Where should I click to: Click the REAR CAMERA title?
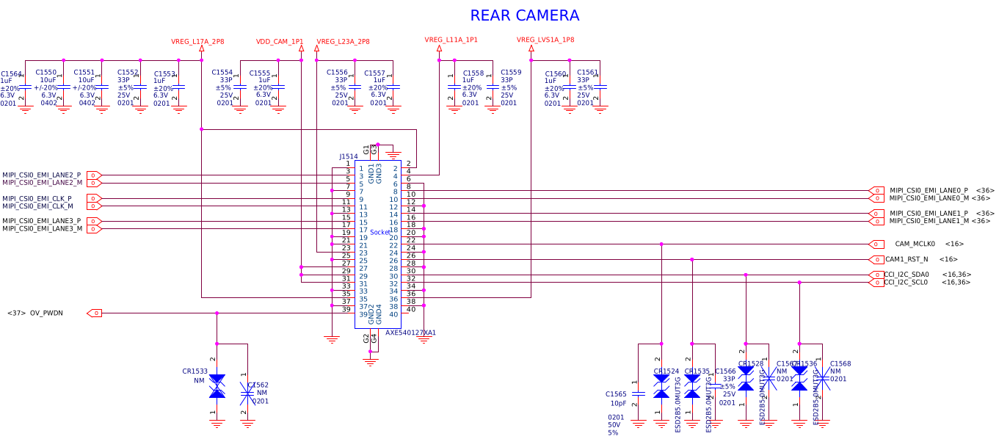point(524,15)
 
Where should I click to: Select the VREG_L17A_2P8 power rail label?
point(197,42)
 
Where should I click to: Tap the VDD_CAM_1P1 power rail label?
point(280,42)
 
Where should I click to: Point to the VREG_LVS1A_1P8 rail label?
point(545,40)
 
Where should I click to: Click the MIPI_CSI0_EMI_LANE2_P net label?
point(42,175)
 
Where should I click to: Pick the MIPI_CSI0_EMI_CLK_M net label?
point(37,206)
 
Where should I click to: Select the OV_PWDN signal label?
point(46,313)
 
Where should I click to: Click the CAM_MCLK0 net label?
point(915,244)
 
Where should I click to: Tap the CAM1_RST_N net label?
point(906,259)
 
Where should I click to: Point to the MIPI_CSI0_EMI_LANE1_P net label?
point(929,214)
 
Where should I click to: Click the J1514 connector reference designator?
point(349,156)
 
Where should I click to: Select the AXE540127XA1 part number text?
point(410,333)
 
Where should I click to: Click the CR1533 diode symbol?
point(217,386)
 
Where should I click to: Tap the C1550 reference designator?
point(46,72)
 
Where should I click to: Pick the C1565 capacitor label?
point(616,394)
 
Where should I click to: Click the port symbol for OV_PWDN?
point(94,313)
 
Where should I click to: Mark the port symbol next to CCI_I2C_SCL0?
point(876,282)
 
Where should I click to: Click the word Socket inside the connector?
point(380,233)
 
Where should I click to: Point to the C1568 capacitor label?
point(840,364)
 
